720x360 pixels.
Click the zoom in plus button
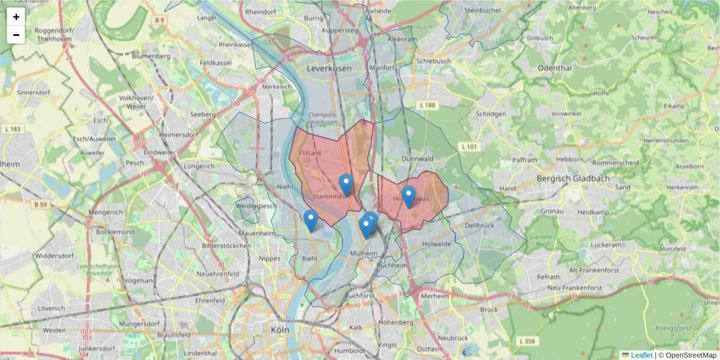(x=16, y=17)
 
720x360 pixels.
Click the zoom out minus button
(x=16, y=35)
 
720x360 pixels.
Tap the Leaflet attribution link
(x=641, y=355)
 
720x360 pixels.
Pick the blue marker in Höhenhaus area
(x=409, y=196)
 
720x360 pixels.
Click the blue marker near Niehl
(x=310, y=220)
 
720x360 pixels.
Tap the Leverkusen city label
(x=329, y=69)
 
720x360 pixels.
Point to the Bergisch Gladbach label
(x=572, y=178)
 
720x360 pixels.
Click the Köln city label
(x=279, y=329)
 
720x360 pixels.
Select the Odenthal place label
(x=555, y=68)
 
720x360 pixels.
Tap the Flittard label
(x=310, y=154)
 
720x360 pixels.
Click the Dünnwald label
(x=418, y=159)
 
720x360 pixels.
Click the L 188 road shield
(x=428, y=105)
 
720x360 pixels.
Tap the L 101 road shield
(x=469, y=146)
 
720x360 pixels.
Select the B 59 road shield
(x=40, y=205)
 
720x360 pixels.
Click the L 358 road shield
(x=526, y=341)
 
